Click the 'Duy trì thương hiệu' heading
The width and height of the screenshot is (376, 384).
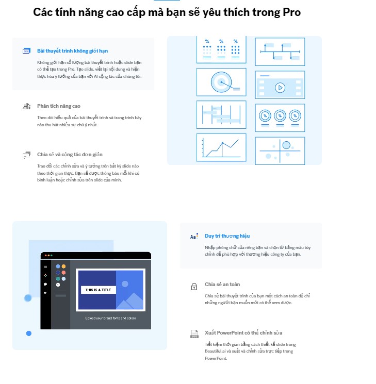coord(227,236)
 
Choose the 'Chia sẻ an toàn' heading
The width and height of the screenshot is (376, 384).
coord(222,285)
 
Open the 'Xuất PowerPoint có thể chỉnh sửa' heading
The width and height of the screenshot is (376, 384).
coord(243,333)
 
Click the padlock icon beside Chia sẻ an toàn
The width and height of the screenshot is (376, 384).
coord(194,287)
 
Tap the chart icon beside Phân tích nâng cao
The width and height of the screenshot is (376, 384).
coord(26,107)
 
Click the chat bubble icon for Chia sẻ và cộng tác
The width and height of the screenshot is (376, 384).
coord(26,155)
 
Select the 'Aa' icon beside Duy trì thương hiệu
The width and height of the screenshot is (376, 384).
coord(194,237)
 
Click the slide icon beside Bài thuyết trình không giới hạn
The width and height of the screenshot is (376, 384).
coord(26,51)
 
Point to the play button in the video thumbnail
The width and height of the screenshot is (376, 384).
coord(280,88)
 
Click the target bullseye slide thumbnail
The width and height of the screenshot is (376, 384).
coord(221,82)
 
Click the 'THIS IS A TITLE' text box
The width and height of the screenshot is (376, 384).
coord(97,290)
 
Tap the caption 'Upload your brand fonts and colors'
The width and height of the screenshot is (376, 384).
coord(110,319)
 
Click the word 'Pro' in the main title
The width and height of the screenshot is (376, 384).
coord(292,12)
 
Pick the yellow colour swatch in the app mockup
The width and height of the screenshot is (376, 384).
coord(63,266)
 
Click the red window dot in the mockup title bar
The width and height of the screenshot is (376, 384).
coord(45,256)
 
